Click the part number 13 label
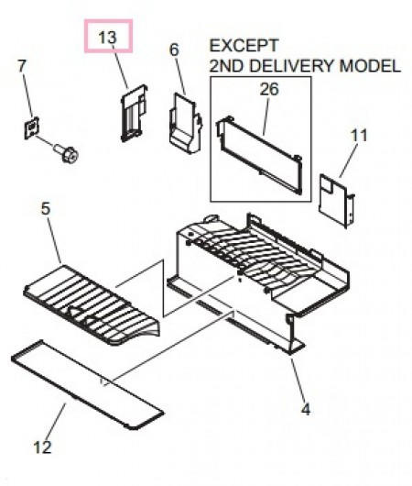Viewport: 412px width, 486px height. tap(107, 38)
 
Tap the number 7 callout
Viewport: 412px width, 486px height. tap(22, 66)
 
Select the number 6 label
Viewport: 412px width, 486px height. tap(175, 50)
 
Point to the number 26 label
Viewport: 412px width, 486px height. tap(269, 89)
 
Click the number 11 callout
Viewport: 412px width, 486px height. tap(359, 136)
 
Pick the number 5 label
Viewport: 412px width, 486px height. tap(46, 208)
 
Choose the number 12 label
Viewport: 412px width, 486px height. tap(42, 447)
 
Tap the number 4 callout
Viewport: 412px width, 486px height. tap(306, 410)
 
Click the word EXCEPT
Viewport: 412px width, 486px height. tap(244, 46)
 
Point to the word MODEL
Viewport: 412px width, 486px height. tap(370, 66)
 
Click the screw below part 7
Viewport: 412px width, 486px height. tap(66, 153)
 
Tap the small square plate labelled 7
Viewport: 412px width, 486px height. tap(31, 127)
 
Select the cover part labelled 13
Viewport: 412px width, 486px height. tap(134, 113)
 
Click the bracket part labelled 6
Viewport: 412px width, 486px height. tap(186, 123)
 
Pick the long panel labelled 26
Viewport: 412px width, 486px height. tap(259, 155)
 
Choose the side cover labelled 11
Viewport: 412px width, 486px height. tap(337, 201)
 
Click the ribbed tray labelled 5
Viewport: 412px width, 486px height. tap(92, 305)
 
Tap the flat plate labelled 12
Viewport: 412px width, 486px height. tap(87, 384)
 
